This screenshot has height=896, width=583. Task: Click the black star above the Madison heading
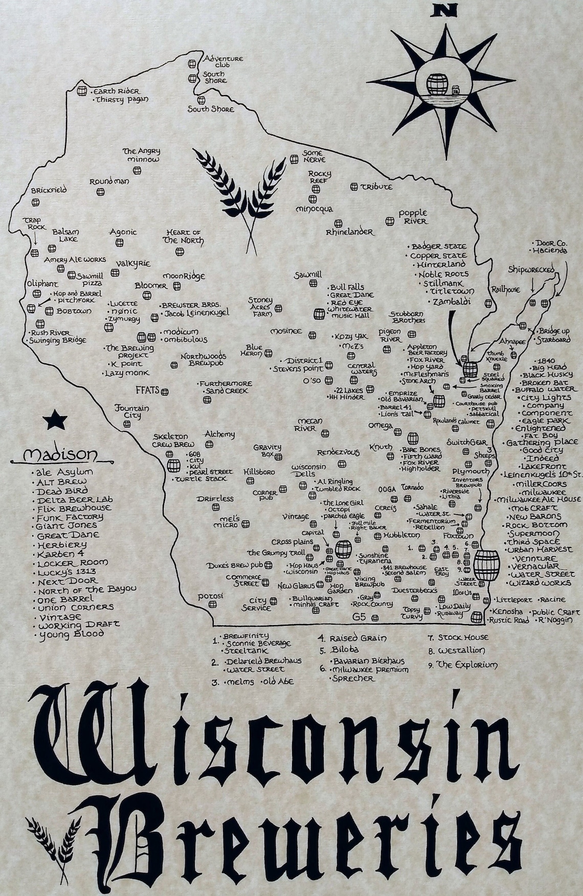coord(55,420)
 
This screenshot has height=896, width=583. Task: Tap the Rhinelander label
coord(350,232)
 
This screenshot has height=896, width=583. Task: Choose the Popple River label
coord(413,217)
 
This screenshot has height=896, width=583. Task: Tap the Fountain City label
coord(131,411)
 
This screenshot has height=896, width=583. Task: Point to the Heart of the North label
coord(183,236)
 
